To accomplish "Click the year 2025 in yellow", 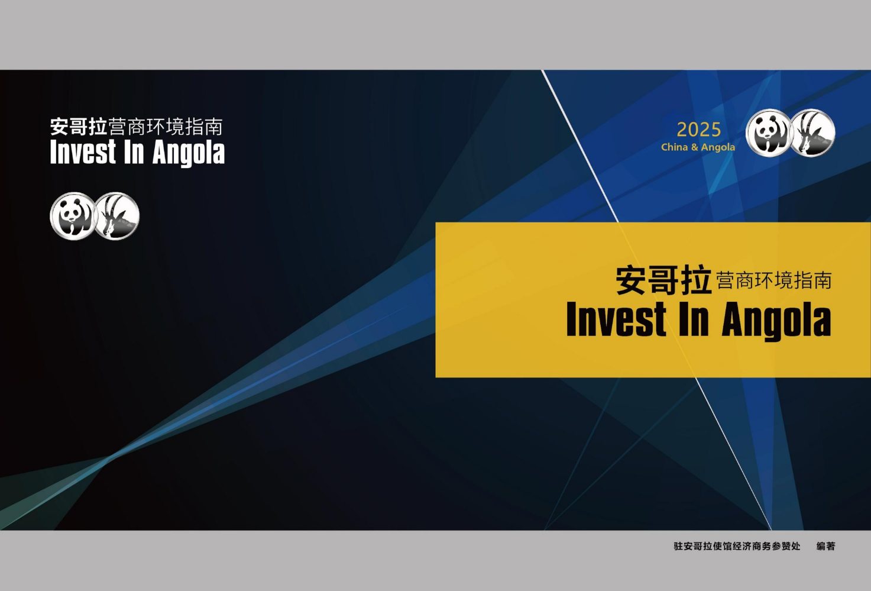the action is tap(699, 130).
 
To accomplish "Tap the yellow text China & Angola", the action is tap(698, 147).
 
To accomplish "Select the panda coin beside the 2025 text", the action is tap(768, 133).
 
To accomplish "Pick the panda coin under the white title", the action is tap(73, 216).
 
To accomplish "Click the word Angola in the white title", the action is tap(189, 153).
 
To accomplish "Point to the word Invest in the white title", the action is tap(83, 151).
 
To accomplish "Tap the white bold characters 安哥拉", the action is tap(79, 127).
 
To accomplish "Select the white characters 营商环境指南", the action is tap(165, 127).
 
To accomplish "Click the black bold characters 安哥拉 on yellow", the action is tap(663, 280).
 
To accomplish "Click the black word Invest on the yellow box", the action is tap(617, 319).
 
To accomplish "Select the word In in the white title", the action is tap(134, 151).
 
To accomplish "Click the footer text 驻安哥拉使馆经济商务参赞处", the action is tap(737, 546).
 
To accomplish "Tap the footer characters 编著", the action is tap(826, 546).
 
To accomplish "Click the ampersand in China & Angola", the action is tap(694, 147).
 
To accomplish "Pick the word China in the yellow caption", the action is tap(675, 147).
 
